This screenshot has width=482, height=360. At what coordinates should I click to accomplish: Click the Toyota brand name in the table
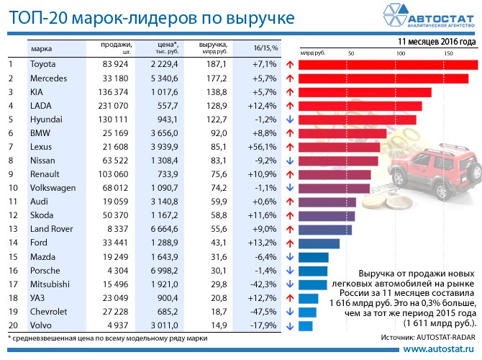42,65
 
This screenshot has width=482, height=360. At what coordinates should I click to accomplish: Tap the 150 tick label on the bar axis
447,53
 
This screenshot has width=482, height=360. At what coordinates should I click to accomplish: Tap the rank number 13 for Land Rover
12,229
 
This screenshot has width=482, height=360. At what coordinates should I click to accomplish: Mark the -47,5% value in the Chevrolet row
262,311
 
